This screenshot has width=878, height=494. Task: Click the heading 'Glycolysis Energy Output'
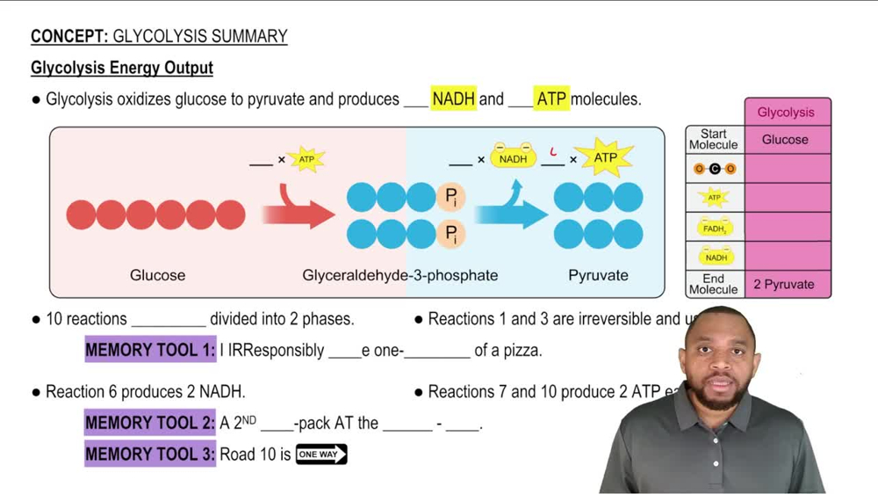pos(122,68)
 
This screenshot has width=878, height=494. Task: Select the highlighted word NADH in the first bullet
pos(453,99)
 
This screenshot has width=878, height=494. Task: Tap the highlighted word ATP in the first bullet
pos(551,99)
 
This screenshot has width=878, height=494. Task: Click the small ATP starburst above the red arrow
pos(306,159)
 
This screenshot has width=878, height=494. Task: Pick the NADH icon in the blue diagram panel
pos(513,158)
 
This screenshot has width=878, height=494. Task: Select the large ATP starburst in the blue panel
pos(606,158)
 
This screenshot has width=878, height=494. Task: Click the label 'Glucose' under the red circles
pos(157,275)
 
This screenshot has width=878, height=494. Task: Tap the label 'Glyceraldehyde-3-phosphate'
pos(399,275)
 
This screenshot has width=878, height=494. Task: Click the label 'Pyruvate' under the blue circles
pos(598,275)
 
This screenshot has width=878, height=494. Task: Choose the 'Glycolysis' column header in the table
pos(786,113)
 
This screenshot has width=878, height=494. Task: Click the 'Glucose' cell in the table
pos(786,140)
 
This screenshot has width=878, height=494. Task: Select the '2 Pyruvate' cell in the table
pos(784,285)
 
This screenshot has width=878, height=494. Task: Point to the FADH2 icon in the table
pos(715,228)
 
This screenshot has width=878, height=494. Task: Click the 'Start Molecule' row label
pos(714,140)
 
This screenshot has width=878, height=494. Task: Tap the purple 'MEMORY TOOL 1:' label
pos(150,350)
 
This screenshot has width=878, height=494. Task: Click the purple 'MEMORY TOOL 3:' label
pos(150,454)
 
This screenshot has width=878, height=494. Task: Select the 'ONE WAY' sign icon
pos(321,454)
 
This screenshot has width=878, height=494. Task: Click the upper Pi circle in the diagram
pos(450,198)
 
